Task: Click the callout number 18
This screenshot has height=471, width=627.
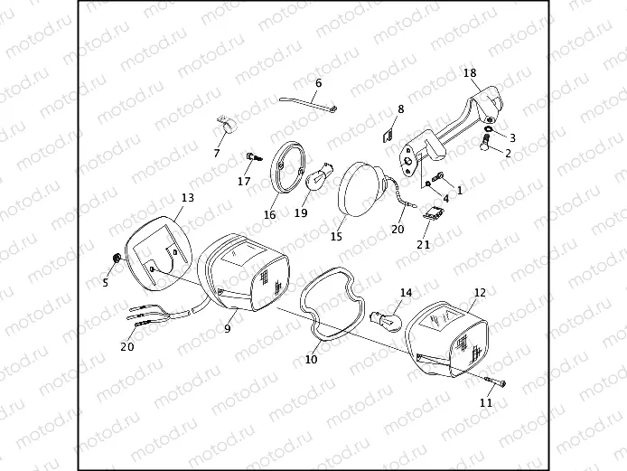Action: tap(469, 72)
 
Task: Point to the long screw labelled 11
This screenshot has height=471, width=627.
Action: tap(490, 382)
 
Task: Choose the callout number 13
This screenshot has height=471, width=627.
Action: tap(188, 197)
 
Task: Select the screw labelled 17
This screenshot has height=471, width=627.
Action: tap(252, 159)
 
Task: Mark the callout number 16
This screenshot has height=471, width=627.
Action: tap(269, 215)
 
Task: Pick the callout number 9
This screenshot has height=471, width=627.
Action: tap(228, 329)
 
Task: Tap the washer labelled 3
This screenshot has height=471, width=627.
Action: tap(488, 129)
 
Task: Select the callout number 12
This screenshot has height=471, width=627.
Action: tap(479, 293)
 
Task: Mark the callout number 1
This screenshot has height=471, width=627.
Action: tap(459, 191)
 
